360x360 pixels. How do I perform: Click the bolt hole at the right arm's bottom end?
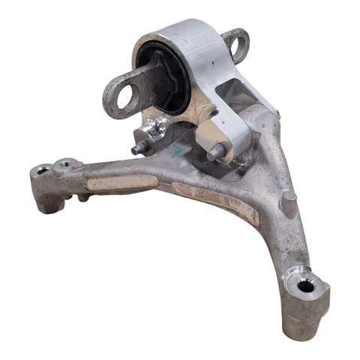306,286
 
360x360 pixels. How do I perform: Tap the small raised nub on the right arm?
287,200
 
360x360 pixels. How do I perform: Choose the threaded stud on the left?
139,147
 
